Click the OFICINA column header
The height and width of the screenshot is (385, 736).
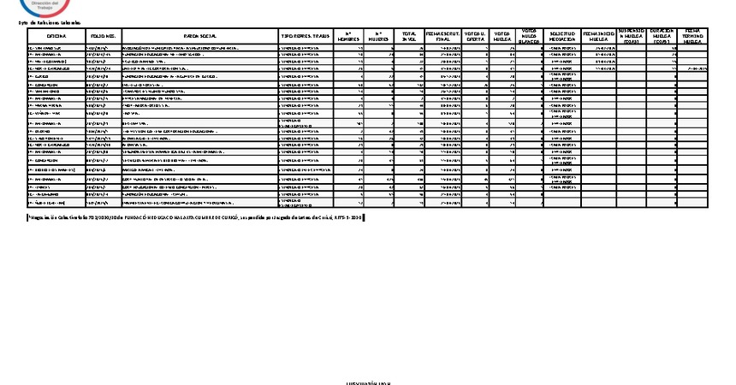(x=57, y=36)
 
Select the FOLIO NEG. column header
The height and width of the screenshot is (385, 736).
(x=104, y=36)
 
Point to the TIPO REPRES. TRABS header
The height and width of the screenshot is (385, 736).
(x=305, y=36)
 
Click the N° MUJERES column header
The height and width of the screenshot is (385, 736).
(x=380, y=36)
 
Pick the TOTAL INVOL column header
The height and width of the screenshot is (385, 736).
(x=409, y=36)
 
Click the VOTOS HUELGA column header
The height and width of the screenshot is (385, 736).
(x=503, y=36)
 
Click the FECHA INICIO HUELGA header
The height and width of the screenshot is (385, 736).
(x=599, y=36)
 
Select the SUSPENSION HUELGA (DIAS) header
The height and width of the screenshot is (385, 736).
(x=632, y=35)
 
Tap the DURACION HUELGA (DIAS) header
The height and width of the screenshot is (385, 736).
(x=663, y=35)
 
